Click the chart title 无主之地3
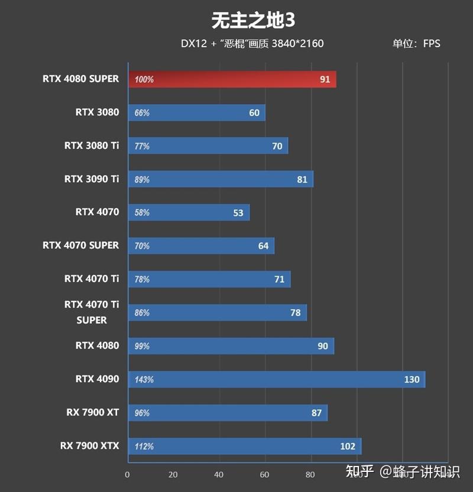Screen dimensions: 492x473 click(x=253, y=21)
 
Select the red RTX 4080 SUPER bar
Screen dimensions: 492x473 click(x=232, y=79)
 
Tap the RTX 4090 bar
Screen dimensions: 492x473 click(x=277, y=380)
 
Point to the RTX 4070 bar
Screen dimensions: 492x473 click(x=189, y=213)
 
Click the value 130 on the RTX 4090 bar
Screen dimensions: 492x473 click(x=412, y=380)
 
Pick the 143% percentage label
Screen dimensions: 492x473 click(x=144, y=380)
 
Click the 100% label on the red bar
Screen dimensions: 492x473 click(x=144, y=79)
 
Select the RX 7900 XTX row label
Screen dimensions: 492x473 click(x=89, y=445)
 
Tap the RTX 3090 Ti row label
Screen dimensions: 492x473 click(x=92, y=179)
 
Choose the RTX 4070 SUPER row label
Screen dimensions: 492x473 click(x=80, y=245)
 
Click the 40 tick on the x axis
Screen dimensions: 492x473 click(x=219, y=474)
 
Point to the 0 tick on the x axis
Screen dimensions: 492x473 click(x=127, y=474)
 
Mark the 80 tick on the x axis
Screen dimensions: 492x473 click(x=310, y=474)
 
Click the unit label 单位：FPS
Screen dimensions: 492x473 click(x=416, y=44)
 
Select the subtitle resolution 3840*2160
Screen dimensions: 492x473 click(x=297, y=44)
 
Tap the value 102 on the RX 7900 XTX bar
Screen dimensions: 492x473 click(x=348, y=446)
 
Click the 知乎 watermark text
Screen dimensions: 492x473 click(x=359, y=471)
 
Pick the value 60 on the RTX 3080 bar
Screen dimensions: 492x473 click(x=254, y=113)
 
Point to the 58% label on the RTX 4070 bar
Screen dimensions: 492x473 click(x=142, y=213)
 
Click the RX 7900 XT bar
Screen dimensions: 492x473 click(x=228, y=413)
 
